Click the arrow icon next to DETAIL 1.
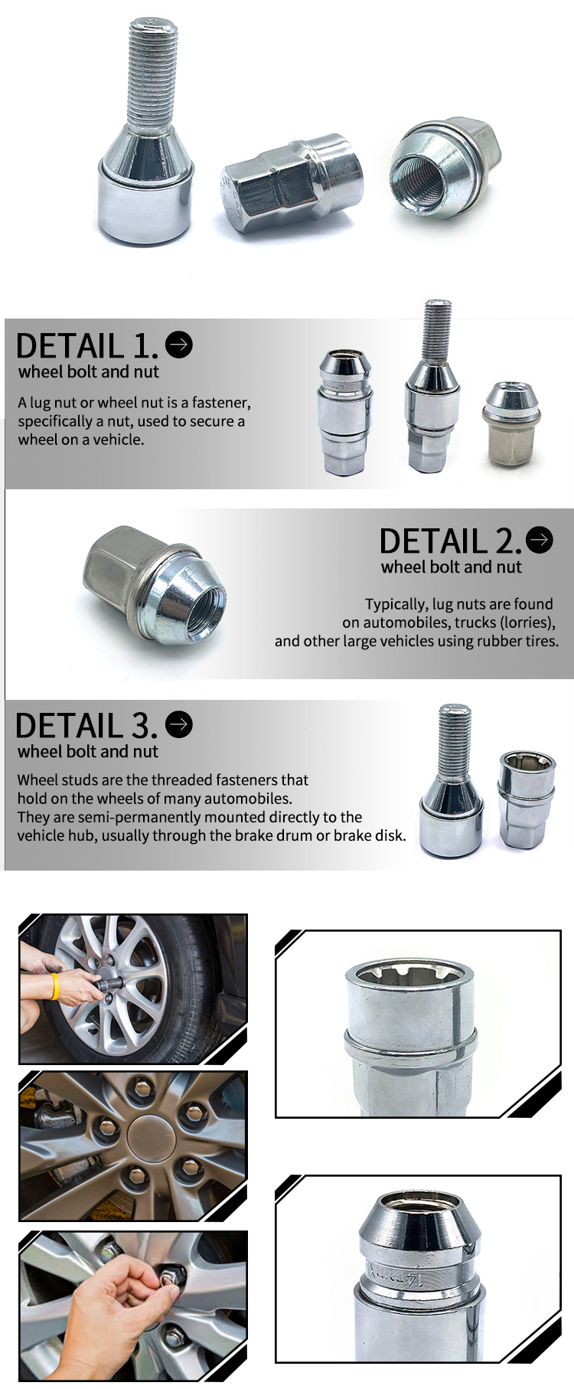click(179, 345)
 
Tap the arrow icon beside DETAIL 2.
click(540, 540)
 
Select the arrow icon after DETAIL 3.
click(179, 724)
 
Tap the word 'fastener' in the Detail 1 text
click(220, 403)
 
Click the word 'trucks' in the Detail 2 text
click(478, 623)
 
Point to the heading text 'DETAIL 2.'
click(451, 541)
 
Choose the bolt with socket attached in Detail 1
click(432, 387)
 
